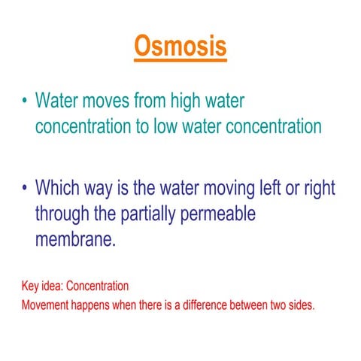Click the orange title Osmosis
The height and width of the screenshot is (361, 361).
tap(180, 46)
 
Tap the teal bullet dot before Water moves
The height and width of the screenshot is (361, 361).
tap(25, 102)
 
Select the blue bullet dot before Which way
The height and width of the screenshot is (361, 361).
tap(25, 187)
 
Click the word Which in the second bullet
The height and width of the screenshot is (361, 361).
tap(60, 187)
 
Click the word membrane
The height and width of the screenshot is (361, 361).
tap(74, 240)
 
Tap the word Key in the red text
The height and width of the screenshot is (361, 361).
tap(30, 287)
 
